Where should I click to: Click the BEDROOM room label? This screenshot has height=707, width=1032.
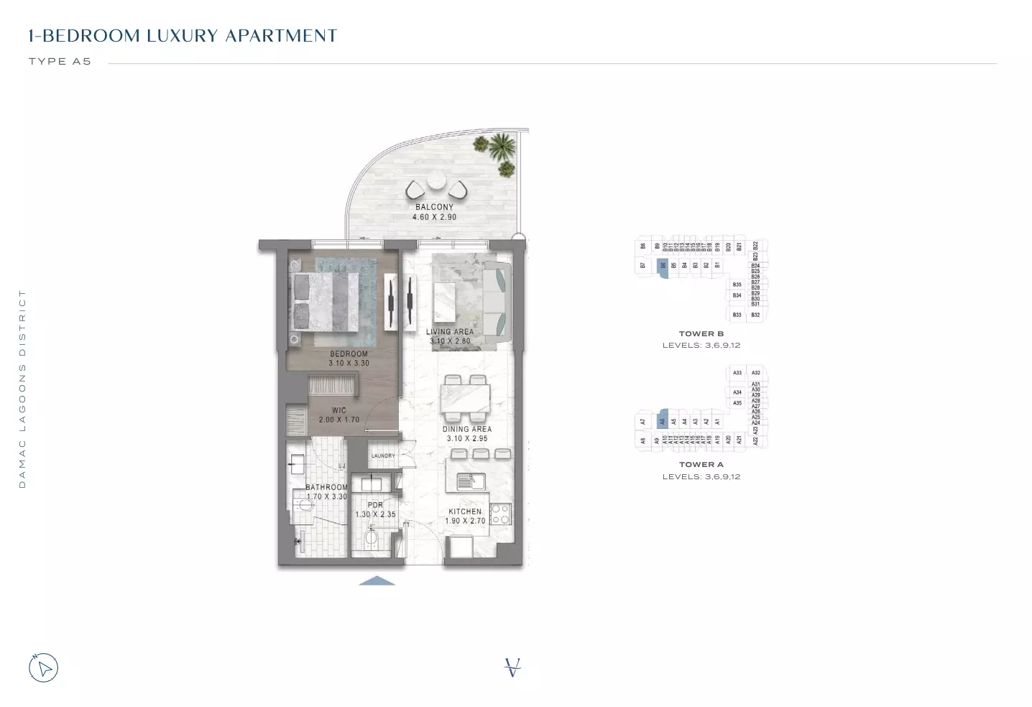(x=349, y=353)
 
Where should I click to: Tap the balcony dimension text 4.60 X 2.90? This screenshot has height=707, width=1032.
(x=434, y=217)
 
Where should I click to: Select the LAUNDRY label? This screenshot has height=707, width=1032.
(x=383, y=456)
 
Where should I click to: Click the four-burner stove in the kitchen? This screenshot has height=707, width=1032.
(x=500, y=514)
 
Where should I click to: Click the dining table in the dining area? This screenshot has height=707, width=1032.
(x=466, y=398)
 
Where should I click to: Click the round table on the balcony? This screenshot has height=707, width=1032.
(x=436, y=182)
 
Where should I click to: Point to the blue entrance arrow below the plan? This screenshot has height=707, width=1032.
(x=377, y=581)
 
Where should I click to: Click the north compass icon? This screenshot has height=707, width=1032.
(x=43, y=668)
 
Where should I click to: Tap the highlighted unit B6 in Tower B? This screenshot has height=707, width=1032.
(x=663, y=265)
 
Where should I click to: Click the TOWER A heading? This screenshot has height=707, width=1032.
(x=701, y=464)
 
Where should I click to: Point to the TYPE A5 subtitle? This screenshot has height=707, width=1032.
(x=60, y=62)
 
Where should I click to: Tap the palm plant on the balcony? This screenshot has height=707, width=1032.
(x=500, y=149)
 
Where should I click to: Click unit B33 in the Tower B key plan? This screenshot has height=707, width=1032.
(x=737, y=315)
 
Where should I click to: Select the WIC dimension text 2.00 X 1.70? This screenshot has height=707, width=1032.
(x=338, y=420)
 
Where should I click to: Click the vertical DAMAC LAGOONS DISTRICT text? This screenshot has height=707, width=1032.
(x=22, y=389)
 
